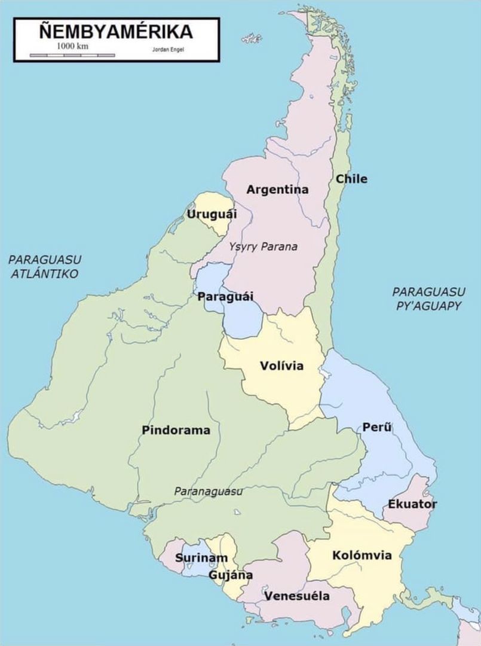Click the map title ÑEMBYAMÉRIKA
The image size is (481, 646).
[116, 32]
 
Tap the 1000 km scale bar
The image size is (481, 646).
[72, 55]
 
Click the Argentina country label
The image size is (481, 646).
[278, 190]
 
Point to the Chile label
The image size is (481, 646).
[351, 179]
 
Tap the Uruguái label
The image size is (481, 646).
[212, 214]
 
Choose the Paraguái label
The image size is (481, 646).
[225, 297]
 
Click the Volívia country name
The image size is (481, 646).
[281, 366]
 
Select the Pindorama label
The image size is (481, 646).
[176, 430]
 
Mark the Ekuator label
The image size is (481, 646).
[412, 504]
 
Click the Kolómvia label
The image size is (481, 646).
[362, 556]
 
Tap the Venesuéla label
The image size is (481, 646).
[297, 596]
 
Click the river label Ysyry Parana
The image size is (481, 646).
[263, 246]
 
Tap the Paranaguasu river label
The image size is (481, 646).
[208, 491]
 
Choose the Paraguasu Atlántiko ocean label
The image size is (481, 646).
[45, 267]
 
